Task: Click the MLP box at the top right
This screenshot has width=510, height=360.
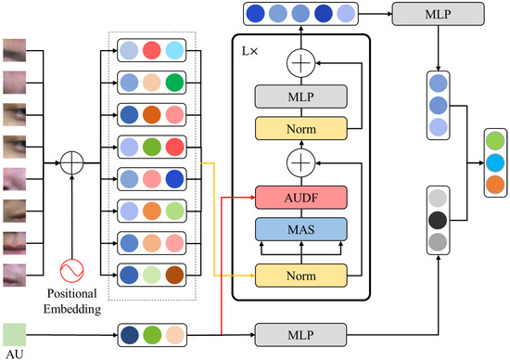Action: point(438,14)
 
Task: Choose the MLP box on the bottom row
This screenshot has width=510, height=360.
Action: point(300,333)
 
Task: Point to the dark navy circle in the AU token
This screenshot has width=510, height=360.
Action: point(132,333)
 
